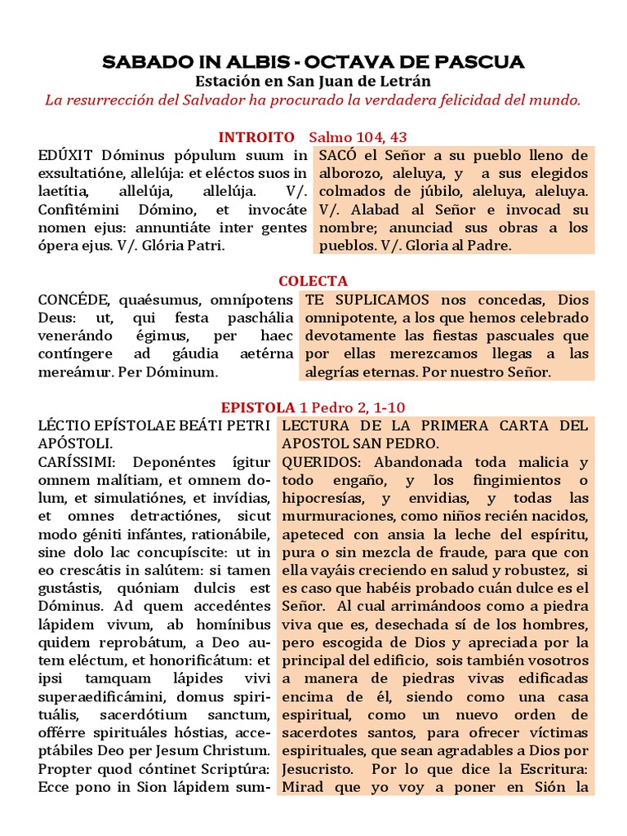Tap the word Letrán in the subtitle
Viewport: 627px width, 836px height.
405,82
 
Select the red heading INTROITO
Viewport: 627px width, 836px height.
256,137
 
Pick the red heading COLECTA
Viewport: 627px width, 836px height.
313,282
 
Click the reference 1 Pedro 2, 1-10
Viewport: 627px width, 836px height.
353,407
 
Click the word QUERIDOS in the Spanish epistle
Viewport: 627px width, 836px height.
321,462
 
